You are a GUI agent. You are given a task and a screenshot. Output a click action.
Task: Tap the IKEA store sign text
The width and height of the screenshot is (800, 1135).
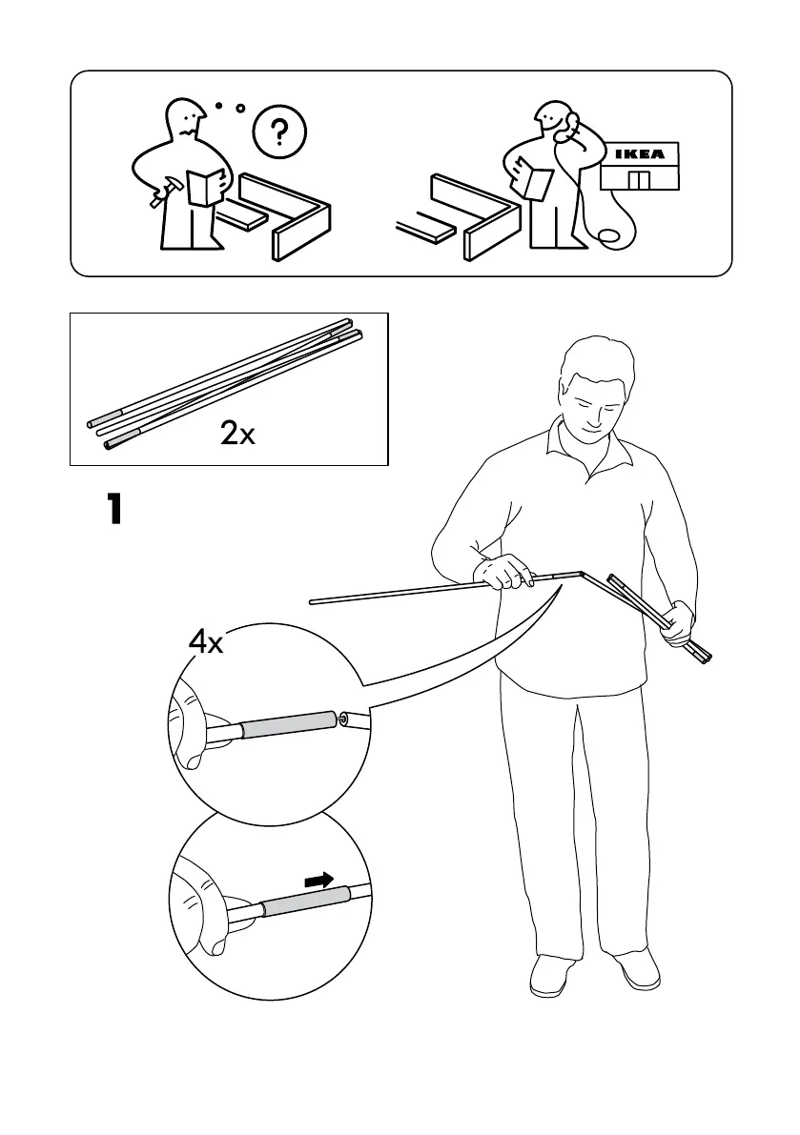[639, 154]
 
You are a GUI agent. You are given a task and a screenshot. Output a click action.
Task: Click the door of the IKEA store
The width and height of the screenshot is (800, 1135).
[638, 180]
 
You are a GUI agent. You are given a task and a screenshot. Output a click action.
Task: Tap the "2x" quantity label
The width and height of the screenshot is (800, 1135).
[237, 435]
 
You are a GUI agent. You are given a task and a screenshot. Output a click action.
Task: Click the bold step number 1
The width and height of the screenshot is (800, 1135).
[113, 510]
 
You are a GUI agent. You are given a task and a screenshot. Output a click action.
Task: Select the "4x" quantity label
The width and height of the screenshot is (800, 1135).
[205, 643]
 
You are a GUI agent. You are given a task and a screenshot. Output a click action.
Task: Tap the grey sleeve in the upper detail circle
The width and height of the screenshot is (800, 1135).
[285, 726]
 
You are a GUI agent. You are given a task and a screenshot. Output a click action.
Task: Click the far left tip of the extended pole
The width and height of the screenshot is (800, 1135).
[313, 601]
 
